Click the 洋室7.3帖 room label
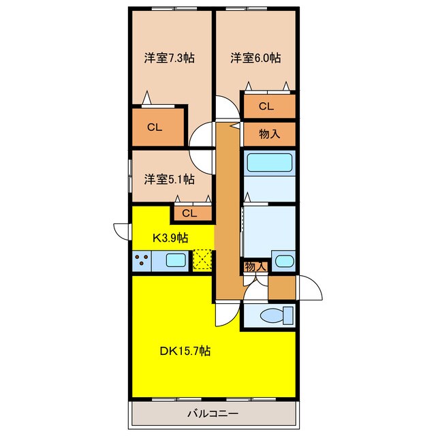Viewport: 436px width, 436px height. [169, 59]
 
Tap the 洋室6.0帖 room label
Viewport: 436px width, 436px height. [255, 59]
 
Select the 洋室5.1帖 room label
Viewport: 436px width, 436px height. [169, 179]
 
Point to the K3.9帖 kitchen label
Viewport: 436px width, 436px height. [170, 237]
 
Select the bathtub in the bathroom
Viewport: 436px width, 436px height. [268, 163]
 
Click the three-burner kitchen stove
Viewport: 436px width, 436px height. [142, 260]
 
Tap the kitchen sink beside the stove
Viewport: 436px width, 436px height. [176, 260]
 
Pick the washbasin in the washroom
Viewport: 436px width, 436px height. [283, 260]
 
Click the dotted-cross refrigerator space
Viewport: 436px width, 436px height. [202, 260]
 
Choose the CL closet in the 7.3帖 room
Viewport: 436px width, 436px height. [155, 126]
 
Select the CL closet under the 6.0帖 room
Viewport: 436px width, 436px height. [266, 106]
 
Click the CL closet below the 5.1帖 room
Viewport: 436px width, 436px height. [189, 213]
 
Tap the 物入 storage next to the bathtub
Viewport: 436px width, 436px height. [269, 134]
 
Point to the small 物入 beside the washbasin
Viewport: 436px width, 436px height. [255, 266]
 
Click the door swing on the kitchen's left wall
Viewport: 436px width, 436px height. [122, 231]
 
